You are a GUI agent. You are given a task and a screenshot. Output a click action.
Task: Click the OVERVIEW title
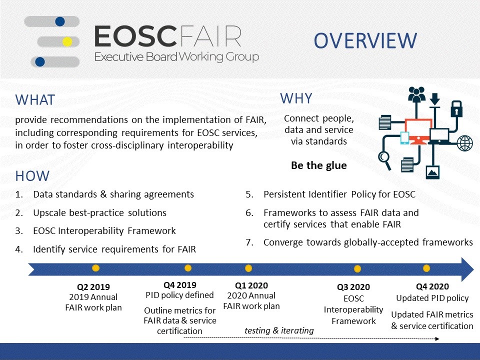tap(365, 40)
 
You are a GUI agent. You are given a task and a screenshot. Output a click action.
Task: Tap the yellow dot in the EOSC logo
tap(67, 41)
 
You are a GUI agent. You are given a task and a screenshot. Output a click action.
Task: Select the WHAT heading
tap(35, 100)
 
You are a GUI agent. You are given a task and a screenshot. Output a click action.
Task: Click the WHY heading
tap(296, 98)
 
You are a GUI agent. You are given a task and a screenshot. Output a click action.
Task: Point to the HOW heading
tap(32, 176)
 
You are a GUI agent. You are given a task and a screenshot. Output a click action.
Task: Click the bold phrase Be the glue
tap(319, 165)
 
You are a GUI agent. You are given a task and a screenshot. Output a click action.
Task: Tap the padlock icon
tap(456, 108)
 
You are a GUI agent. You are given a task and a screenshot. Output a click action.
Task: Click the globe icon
tap(464, 143)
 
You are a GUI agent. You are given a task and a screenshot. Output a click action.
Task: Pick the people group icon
tap(416, 94)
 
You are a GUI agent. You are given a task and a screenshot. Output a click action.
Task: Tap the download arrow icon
tap(434, 100)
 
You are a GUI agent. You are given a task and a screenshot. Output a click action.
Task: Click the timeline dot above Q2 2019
tap(96, 268)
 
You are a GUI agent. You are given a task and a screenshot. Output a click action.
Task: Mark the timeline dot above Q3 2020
tap(357, 269)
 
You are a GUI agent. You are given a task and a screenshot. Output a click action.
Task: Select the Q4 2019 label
tap(179, 285)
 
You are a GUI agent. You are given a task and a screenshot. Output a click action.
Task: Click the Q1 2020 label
tap(251, 285)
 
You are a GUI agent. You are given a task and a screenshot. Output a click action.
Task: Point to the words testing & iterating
tap(279, 330)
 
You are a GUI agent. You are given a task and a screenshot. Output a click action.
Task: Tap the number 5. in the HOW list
tap(249, 194)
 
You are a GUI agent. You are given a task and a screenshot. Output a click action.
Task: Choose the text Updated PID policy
tap(432, 298)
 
